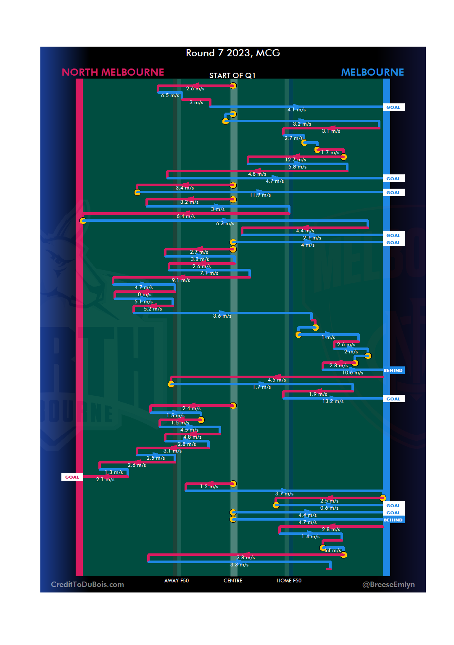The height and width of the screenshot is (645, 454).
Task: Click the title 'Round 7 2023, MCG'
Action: click(x=233, y=53)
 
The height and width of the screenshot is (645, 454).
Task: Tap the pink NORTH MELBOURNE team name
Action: click(x=113, y=72)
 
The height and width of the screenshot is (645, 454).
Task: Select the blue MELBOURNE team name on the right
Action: click(x=372, y=72)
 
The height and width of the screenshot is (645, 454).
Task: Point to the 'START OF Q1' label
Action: click(x=232, y=76)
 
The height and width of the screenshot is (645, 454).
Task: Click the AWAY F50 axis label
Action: click(x=177, y=581)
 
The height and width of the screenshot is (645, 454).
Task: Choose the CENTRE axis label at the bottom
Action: click(x=233, y=581)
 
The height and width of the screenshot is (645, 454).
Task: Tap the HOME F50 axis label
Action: click(x=289, y=581)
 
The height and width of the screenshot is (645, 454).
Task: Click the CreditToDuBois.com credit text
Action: click(x=87, y=584)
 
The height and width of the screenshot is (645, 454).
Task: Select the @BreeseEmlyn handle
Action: click(x=388, y=584)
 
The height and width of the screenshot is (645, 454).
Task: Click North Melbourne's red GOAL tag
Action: click(x=72, y=477)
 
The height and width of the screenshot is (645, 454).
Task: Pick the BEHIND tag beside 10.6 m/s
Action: click(x=393, y=371)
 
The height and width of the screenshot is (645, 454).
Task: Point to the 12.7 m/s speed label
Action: click(x=296, y=160)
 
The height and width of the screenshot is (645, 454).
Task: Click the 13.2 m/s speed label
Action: click(x=333, y=401)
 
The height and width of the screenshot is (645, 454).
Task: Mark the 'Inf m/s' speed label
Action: click(x=333, y=550)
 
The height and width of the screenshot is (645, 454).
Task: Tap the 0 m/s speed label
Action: click(x=145, y=295)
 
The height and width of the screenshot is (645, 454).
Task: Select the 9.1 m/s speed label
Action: click(x=181, y=280)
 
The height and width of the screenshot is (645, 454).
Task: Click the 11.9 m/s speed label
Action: click(x=260, y=195)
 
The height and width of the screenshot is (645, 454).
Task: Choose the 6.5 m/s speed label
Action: click(x=170, y=95)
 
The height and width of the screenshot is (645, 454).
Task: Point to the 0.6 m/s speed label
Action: click(x=329, y=508)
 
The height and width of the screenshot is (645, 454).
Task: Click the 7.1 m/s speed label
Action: click(x=209, y=273)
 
